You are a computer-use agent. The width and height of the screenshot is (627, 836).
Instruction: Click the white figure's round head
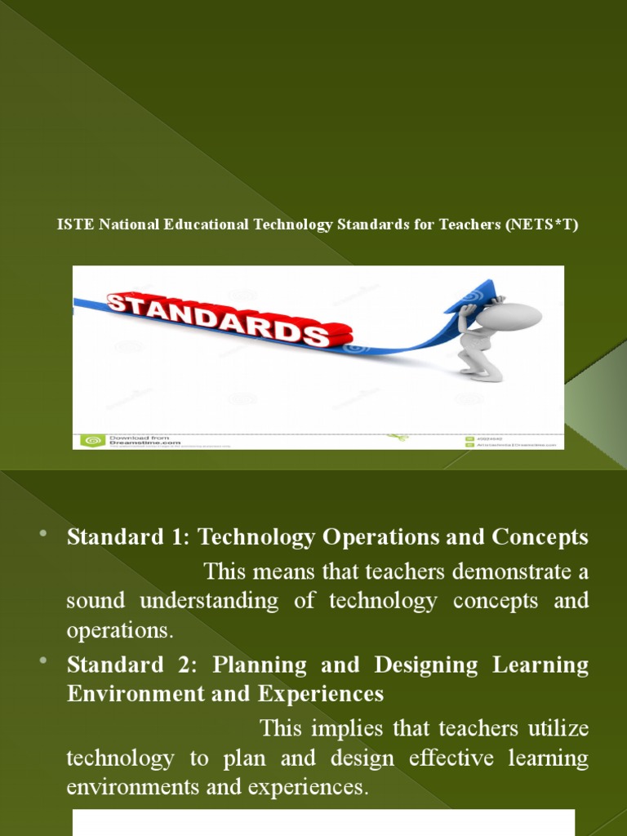coord(508,315)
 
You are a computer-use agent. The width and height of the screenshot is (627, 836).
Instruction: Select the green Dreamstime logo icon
coord(88,441)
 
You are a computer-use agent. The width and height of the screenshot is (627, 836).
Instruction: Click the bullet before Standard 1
coord(43,534)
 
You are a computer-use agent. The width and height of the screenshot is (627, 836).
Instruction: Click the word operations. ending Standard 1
coord(120,631)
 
